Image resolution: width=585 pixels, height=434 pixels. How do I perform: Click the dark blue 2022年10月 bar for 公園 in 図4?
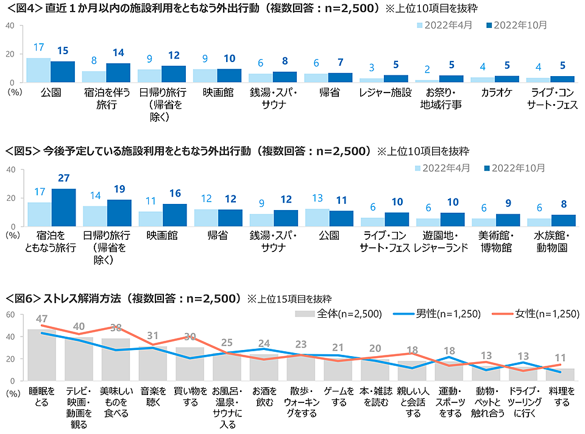pyautogui.click(x=63, y=72)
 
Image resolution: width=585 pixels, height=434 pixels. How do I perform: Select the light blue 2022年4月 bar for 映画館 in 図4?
pyautogui.click(x=205, y=76)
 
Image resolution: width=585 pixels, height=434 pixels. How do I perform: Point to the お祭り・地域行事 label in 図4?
pyautogui.click(x=441, y=99)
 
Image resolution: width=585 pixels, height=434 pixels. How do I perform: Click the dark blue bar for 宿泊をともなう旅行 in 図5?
pyautogui.click(x=63, y=208)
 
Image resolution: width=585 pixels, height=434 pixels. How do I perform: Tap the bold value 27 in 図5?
pyautogui.click(x=63, y=178)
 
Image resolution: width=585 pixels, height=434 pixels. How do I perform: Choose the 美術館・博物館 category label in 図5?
pyautogui.click(x=495, y=242)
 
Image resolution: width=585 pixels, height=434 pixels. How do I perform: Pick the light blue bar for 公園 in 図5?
pyautogui.click(x=317, y=217)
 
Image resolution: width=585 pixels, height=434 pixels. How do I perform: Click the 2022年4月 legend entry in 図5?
pyautogui.click(x=441, y=167)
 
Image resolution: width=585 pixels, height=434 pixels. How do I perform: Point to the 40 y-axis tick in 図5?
pyautogui.click(x=10, y=169)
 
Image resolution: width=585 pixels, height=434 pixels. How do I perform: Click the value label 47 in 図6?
pyautogui.click(x=42, y=319)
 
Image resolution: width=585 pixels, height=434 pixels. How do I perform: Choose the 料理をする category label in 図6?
pyautogui.click(x=559, y=396)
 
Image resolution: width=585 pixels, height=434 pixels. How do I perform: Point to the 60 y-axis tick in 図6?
pyautogui.click(x=10, y=315)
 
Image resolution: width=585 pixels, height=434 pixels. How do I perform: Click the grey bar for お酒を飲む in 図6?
pyautogui.click(x=264, y=368)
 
